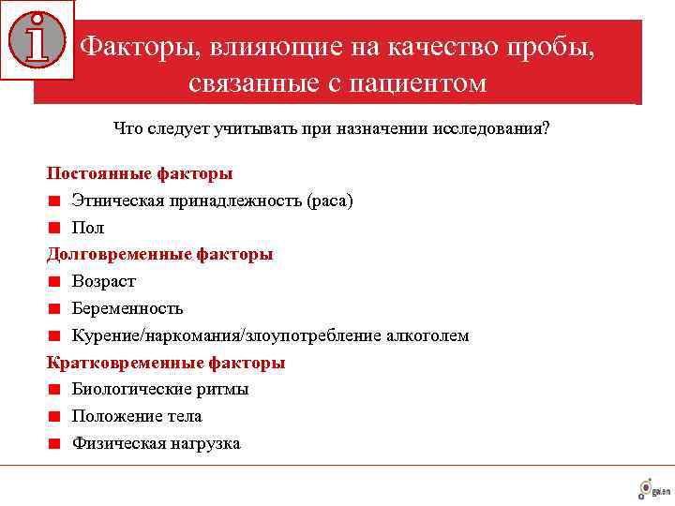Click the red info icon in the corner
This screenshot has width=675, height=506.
[x=37, y=39]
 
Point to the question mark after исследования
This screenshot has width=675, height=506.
[x=546, y=128]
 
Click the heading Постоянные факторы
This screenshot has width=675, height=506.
[x=140, y=173]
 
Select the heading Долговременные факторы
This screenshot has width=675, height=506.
[x=160, y=254]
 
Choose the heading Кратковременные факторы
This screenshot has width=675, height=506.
[x=166, y=363]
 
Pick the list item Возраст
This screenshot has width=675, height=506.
[x=104, y=281]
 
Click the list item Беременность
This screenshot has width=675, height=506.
[x=127, y=308]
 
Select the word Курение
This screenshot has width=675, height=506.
[x=102, y=335]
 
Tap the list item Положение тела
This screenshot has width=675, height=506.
[x=137, y=416]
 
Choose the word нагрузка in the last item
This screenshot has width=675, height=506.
[x=206, y=443]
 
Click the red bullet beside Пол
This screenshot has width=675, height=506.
[x=55, y=228]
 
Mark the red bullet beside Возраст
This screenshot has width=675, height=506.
[x=55, y=281]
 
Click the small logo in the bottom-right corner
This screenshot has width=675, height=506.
[x=653, y=488]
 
